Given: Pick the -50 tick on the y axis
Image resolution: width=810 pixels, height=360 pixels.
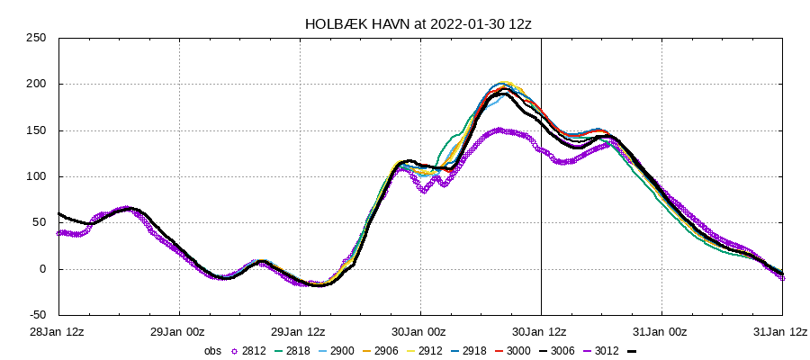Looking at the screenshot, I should tap(36, 315).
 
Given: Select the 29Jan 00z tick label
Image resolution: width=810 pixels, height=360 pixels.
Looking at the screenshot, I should tap(180, 331).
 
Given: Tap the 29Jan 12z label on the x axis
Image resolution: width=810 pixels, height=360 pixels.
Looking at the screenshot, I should tap(300, 331).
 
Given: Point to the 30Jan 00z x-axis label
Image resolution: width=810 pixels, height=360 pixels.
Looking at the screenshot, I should tap(420, 331).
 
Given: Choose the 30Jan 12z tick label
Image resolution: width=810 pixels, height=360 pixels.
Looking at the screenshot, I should tap(541, 331).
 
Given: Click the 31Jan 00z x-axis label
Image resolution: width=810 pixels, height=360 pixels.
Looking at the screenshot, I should tap(661, 331).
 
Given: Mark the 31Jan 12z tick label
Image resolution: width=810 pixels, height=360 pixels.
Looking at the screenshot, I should tap(782, 331).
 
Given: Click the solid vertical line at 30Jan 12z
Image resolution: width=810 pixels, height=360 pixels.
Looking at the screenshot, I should tap(541, 225).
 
